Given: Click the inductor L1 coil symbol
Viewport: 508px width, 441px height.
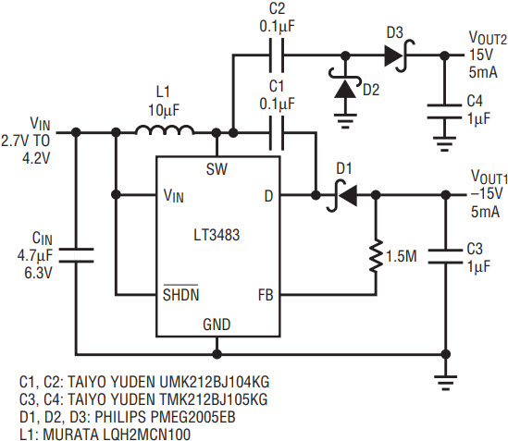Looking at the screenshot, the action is pos(165,129).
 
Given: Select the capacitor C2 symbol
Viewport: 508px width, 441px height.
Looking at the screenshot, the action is pos(277,55).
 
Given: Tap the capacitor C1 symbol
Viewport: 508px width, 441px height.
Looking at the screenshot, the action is pos(277,132).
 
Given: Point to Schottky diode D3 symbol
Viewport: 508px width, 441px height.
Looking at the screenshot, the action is pos(399,55).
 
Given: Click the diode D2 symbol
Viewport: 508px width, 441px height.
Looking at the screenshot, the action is pos(345,86).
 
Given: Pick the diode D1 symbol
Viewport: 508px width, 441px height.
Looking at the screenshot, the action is pos(343,195).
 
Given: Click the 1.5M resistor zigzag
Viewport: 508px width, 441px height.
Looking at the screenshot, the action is pos(376,256).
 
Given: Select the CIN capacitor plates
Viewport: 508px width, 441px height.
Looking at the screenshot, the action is pos(77,255).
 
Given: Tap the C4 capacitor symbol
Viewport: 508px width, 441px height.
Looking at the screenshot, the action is pos(445,111).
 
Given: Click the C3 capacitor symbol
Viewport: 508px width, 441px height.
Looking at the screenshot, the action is pos(445,256).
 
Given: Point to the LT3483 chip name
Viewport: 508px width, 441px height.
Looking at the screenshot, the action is pos(217,235).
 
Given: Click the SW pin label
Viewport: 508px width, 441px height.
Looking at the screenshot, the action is pos(217,169).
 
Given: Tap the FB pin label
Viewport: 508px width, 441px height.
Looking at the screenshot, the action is pos(266,295).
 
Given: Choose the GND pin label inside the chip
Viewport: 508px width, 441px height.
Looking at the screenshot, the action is pos(217,325).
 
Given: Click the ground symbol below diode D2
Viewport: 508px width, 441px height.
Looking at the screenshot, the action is pos(345,121).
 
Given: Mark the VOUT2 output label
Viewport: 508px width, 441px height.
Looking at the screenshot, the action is pos(488,38).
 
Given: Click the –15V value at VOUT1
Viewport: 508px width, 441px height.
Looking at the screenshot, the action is pos(487,194).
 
